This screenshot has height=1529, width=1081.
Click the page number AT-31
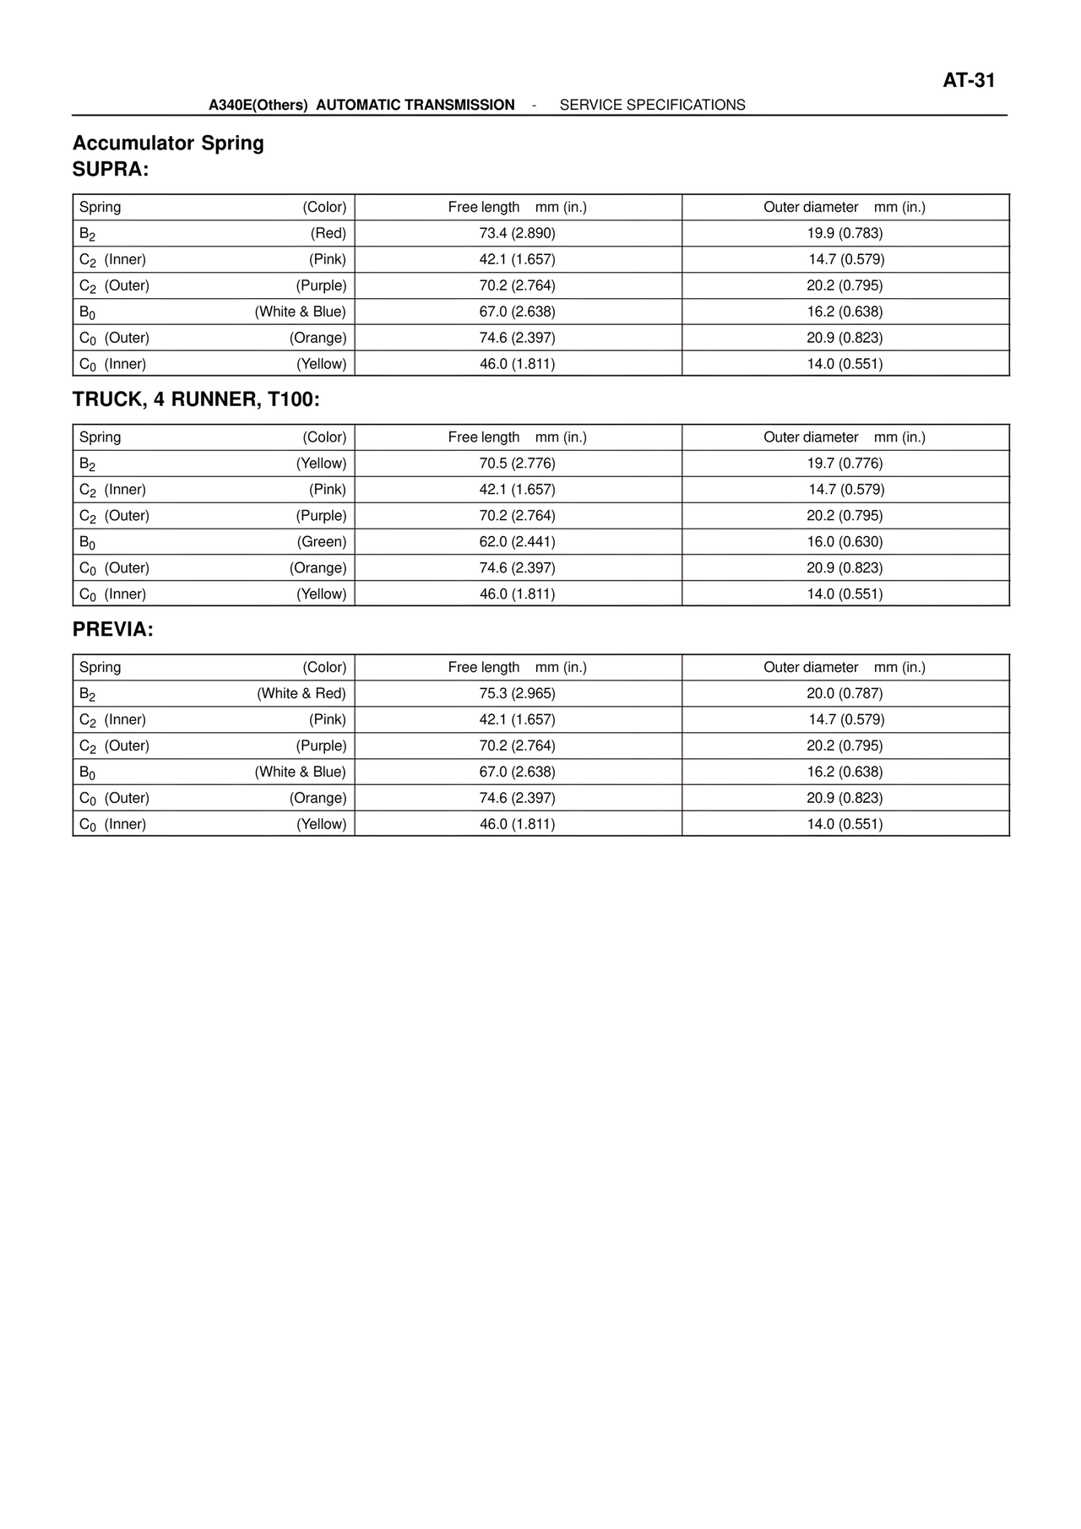tap(969, 80)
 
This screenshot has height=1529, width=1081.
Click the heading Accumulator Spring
tap(168, 143)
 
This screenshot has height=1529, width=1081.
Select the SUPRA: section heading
tap(111, 170)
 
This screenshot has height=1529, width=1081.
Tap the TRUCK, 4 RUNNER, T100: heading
tap(196, 399)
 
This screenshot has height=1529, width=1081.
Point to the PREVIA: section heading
tap(113, 630)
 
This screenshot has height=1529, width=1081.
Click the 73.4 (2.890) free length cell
tap(517, 233)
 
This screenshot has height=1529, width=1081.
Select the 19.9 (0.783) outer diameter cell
tap(845, 233)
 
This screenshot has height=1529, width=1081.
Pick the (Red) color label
tap(328, 233)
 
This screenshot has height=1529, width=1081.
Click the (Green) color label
tap(321, 542)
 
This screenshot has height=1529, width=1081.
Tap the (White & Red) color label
tap(301, 693)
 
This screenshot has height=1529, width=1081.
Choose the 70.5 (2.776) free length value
tap(517, 464)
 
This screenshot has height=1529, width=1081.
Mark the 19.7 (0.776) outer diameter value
tap(845, 464)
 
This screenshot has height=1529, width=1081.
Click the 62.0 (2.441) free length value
tap(517, 542)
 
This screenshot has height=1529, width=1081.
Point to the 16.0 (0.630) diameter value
tap(845, 542)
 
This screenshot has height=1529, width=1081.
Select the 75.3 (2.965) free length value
tap(517, 693)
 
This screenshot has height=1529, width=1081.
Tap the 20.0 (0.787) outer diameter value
tap(845, 693)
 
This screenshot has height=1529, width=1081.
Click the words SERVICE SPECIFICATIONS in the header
tap(652, 105)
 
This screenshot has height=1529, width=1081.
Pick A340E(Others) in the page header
tap(258, 105)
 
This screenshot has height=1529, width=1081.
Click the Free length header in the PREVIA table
tap(484, 667)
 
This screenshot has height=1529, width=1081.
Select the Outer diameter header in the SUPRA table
tap(811, 207)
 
